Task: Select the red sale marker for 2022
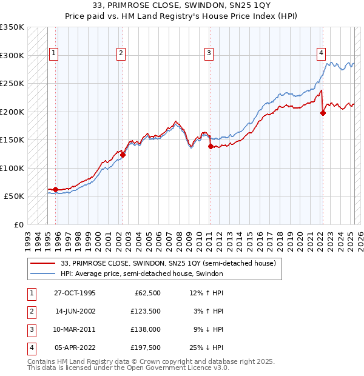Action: tap(323, 113)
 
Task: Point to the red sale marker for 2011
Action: tap(211, 146)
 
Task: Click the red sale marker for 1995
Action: tap(56, 189)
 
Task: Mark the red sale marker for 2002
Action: tap(123, 155)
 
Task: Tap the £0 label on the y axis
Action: tap(18, 224)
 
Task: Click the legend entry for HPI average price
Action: tap(142, 274)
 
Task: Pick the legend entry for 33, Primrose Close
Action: tap(168, 263)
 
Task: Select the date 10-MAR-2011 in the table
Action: tap(75, 329)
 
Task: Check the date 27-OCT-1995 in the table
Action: tap(75, 293)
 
